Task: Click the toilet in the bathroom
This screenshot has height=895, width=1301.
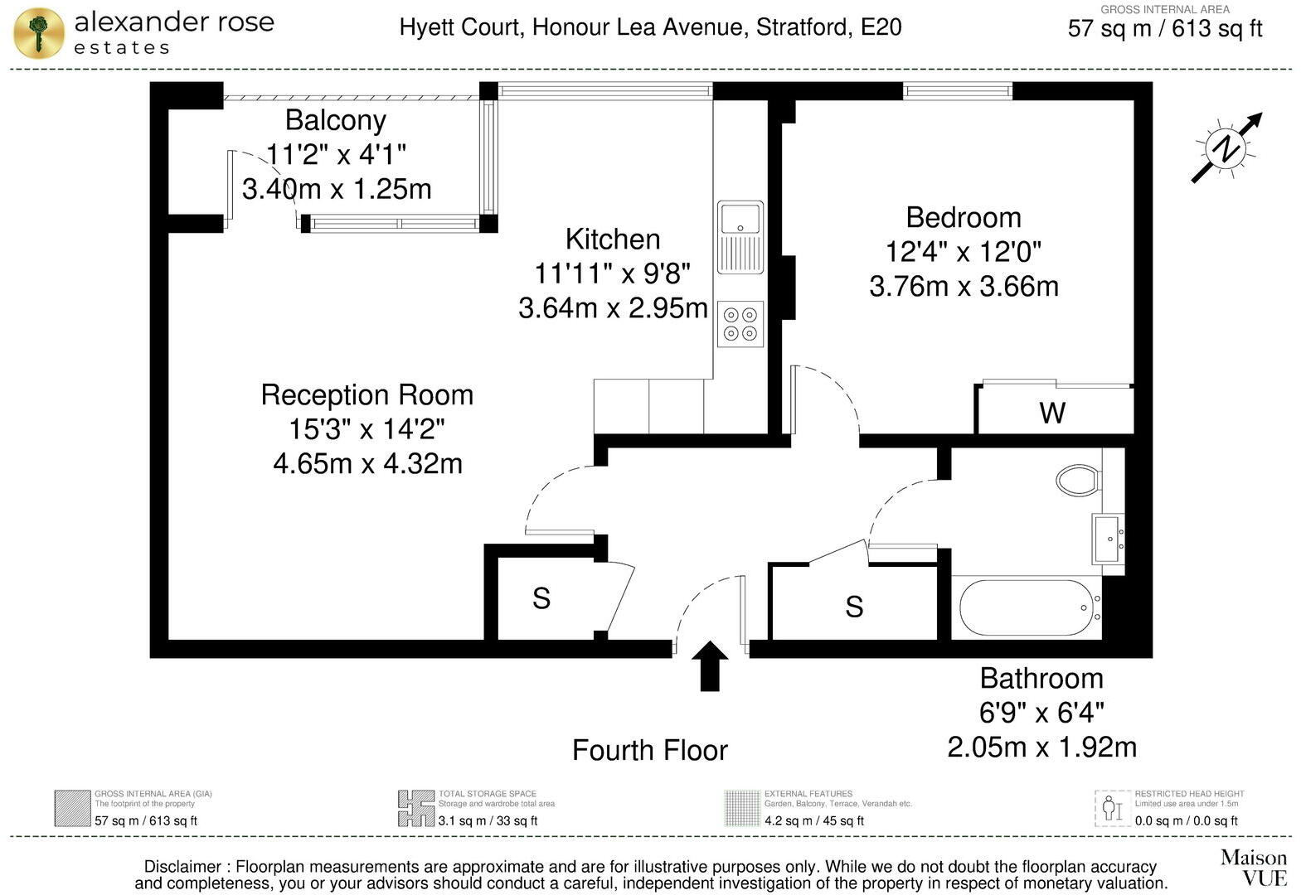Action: [1079, 480]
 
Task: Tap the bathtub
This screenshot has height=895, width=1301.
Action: [1027, 607]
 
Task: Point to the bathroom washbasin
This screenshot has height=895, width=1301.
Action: [1108, 539]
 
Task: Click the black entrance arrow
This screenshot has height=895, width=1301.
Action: [710, 665]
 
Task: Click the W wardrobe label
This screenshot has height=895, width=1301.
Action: [1052, 413]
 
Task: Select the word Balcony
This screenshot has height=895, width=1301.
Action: [335, 120]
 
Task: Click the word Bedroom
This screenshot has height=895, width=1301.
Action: [963, 217]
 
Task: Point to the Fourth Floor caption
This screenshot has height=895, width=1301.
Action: [649, 750]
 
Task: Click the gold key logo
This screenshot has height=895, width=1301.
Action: [38, 33]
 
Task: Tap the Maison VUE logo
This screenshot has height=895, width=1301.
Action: [1253, 867]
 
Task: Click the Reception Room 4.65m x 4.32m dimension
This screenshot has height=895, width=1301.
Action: [367, 463]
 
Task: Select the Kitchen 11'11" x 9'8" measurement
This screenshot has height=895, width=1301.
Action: [612, 273]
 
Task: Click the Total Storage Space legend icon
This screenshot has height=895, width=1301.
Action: [415, 808]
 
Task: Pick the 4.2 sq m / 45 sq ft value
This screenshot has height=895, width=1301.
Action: [813, 820]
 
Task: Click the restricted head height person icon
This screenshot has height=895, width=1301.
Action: [1112, 808]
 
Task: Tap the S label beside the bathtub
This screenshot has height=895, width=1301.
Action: [854, 607]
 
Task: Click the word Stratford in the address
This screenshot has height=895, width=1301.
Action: [802, 27]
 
